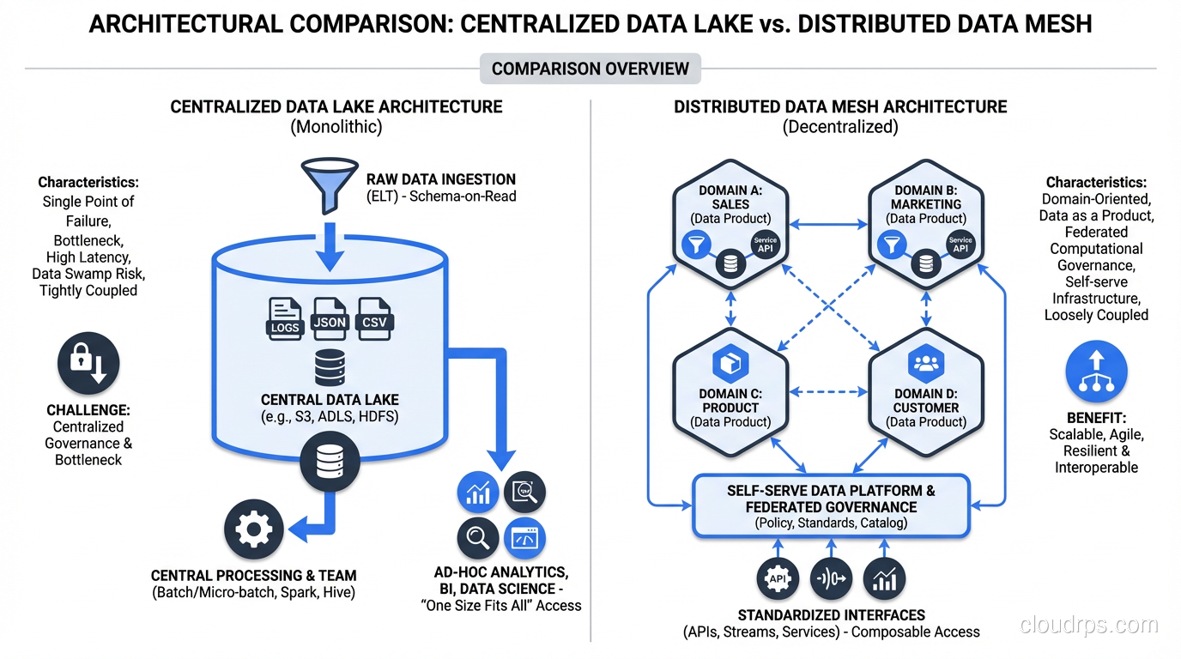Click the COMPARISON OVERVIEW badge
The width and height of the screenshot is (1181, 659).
coord(590,69)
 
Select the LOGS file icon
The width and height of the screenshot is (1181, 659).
coord(285,317)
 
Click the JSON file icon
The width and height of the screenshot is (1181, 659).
coord(330,317)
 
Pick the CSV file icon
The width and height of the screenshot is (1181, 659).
coord(374,317)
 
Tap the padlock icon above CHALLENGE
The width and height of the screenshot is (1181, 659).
coord(88,365)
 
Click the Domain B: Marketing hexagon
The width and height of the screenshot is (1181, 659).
coord(926,221)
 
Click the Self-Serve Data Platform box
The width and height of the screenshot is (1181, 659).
coord(831,506)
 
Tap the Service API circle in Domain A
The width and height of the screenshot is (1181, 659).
coord(766,245)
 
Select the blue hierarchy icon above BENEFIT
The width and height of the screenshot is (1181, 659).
coord(1096,372)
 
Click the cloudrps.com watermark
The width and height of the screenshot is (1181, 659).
coord(1089,626)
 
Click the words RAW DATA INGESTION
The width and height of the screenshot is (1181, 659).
coord(441,179)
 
